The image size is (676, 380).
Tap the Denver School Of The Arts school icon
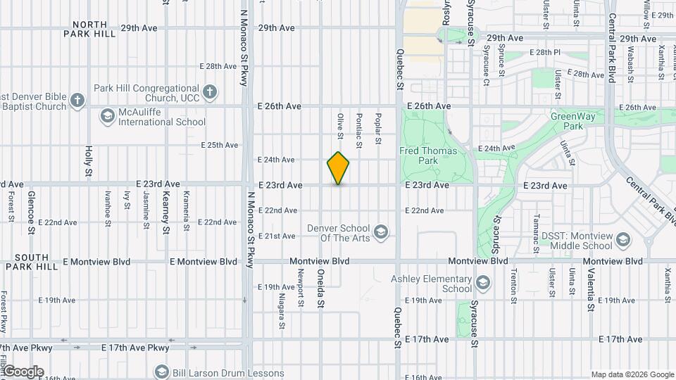(x=381, y=232)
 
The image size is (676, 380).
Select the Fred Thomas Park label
(x=428, y=156)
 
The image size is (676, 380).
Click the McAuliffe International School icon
(x=107, y=115)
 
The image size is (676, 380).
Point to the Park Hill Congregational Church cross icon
(x=210, y=91)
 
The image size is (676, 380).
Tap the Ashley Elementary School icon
(x=483, y=284)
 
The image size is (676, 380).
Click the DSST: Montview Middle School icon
(x=622, y=241)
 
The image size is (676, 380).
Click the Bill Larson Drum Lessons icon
(x=161, y=371)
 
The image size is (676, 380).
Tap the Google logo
(x=23, y=371)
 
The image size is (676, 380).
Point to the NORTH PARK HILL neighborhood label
(x=89, y=28)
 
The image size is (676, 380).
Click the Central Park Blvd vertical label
(x=612, y=48)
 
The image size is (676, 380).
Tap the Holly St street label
(x=89, y=160)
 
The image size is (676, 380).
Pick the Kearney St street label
(x=166, y=212)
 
